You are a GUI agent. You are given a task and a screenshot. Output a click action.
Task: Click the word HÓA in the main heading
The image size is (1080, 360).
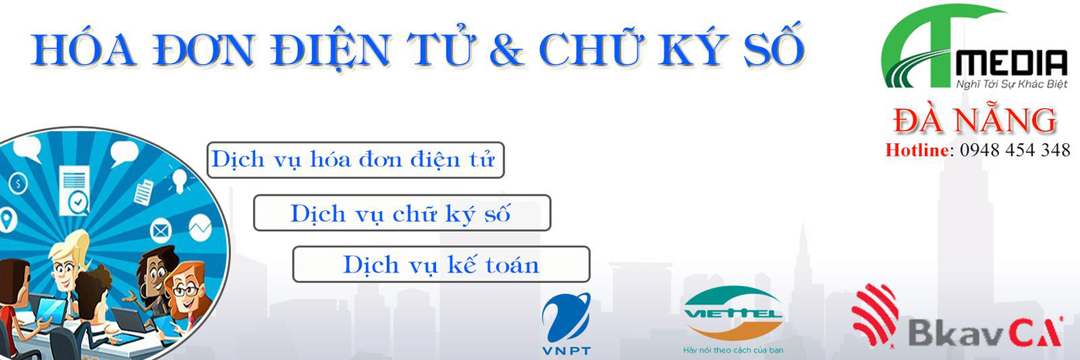click(x=83, y=50)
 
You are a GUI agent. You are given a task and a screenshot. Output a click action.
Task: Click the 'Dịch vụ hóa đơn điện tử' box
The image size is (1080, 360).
click(x=355, y=160)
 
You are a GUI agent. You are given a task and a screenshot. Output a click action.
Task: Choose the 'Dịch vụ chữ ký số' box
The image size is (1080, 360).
click(x=402, y=213)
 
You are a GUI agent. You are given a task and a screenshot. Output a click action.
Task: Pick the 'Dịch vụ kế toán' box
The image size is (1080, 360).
click(x=441, y=264)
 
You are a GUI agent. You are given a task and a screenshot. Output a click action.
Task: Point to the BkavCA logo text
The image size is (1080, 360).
click(x=986, y=332)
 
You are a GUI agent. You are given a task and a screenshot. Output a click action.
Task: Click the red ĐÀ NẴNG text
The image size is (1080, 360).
click(x=975, y=120)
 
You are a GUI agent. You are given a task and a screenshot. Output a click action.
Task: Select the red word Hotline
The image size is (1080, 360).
click(x=917, y=151)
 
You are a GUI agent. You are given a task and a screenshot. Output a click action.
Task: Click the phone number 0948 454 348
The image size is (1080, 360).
click(x=1015, y=151)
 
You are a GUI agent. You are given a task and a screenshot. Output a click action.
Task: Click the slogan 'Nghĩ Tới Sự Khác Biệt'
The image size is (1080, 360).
click(x=1011, y=84)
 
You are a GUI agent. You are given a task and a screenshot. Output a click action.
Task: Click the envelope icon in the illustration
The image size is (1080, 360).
click(x=160, y=230)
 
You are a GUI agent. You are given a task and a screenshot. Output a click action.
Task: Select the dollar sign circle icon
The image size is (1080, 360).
click(x=18, y=184)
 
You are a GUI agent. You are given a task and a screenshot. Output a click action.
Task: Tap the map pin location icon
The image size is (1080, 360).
click(x=8, y=220)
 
